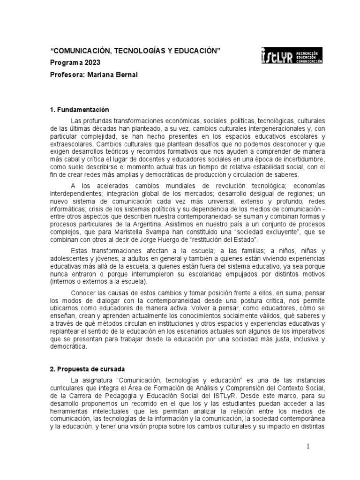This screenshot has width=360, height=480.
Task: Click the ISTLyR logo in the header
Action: (x=292, y=56)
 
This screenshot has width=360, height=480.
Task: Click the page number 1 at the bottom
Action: (x=308, y=447)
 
